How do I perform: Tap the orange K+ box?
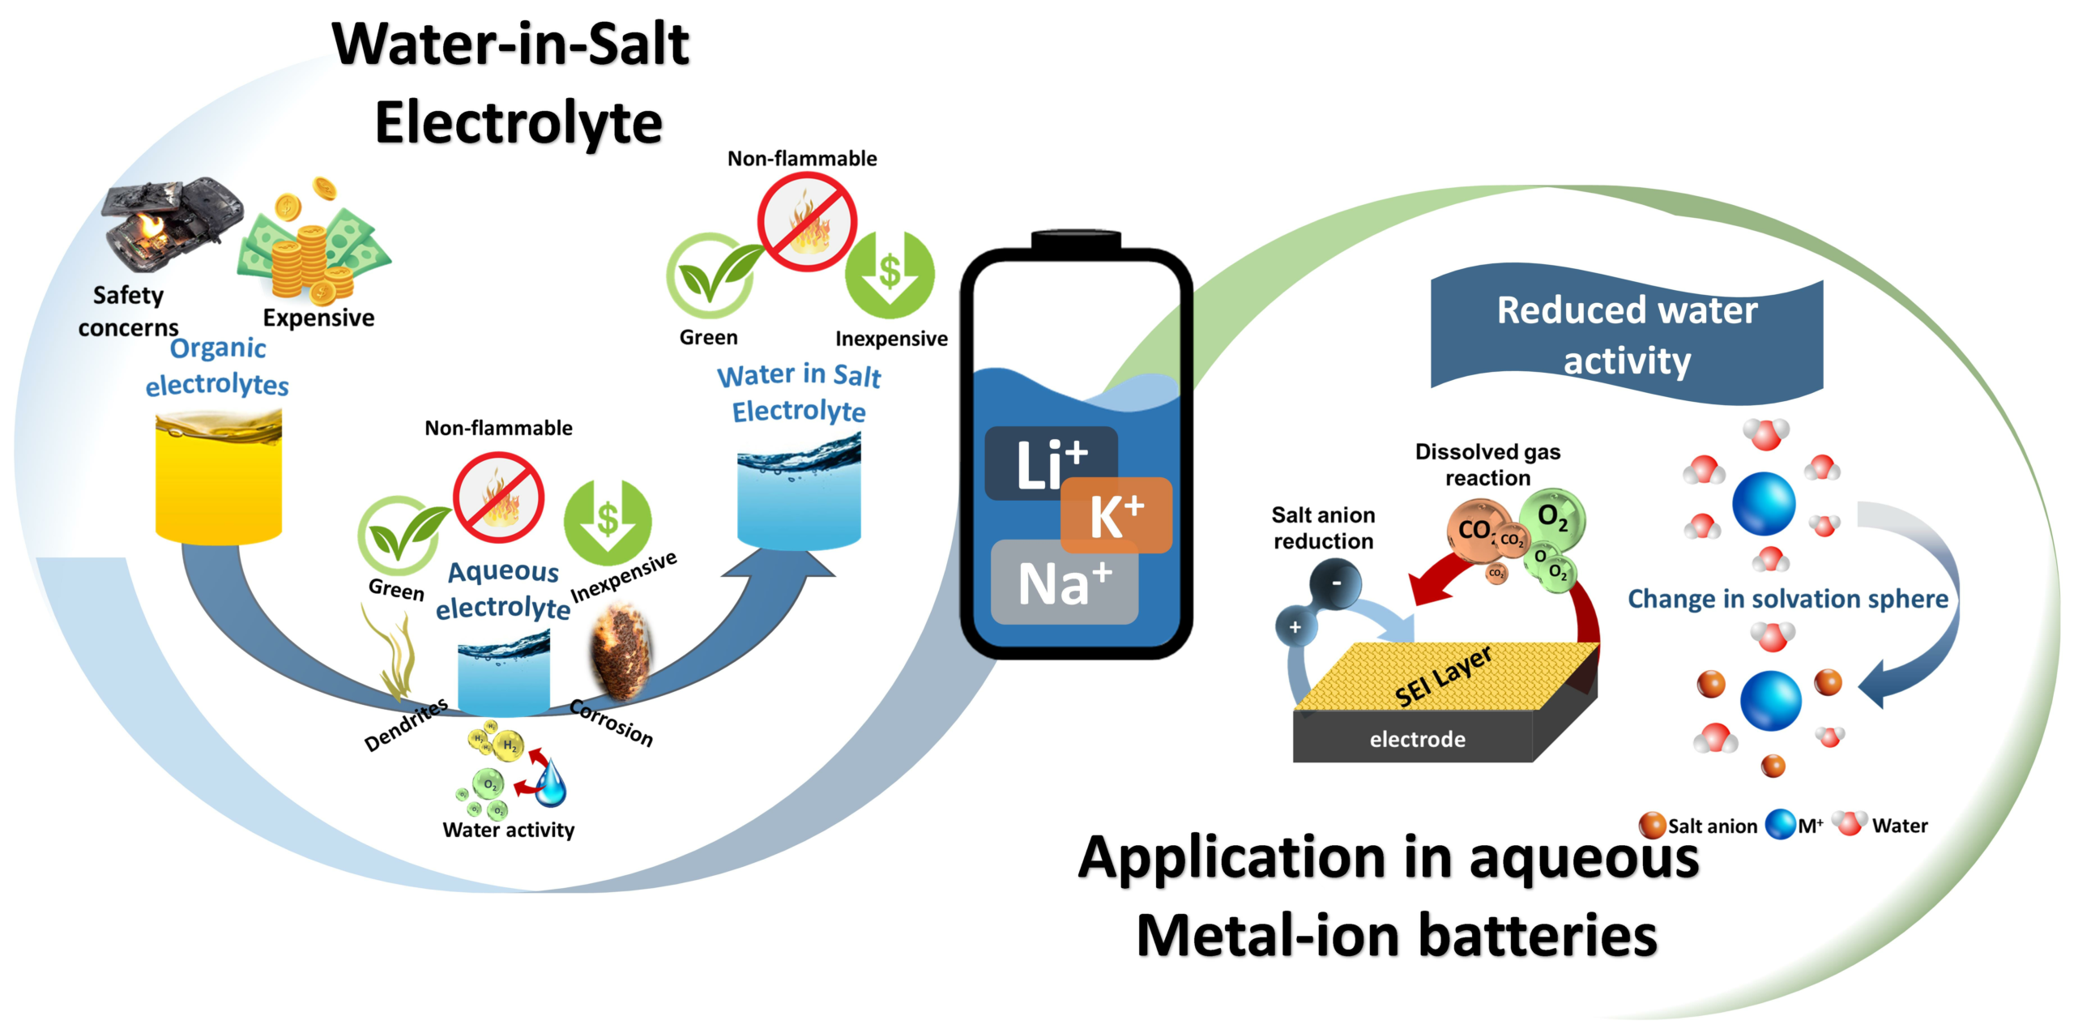coord(1116,516)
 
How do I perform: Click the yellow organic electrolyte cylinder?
coord(218,478)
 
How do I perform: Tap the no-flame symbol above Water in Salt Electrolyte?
coord(807,221)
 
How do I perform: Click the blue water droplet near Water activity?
coord(552,783)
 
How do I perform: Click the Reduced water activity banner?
coord(1627,335)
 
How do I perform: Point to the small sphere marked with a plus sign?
coord(1295,627)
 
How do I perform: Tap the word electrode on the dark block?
coord(1417,739)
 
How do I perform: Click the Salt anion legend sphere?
coord(1652,825)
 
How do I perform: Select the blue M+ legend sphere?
coord(1781,825)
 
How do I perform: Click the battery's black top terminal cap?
coord(1076,241)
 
